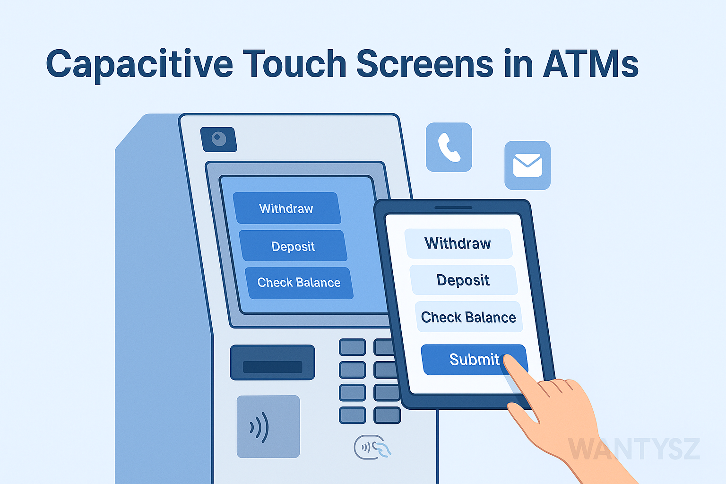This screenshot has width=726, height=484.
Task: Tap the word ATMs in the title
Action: coord(591,64)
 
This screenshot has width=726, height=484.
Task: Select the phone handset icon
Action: coord(449,147)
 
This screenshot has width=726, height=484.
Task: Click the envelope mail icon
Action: coord(527,165)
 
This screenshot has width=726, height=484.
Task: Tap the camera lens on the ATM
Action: coord(219,139)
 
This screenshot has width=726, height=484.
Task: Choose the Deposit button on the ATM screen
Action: coord(293,246)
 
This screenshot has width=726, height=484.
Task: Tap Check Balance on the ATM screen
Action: coord(299,283)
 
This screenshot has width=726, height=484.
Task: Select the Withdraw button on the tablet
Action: coord(458,243)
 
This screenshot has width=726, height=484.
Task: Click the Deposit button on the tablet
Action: coord(463,280)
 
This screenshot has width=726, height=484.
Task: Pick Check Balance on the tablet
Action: coord(468,317)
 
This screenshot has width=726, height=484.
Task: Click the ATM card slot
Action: coord(272,367)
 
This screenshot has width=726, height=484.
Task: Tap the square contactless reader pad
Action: coord(268,426)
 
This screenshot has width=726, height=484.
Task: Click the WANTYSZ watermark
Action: coord(634,449)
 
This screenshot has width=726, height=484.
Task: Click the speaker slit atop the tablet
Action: coord(453,207)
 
